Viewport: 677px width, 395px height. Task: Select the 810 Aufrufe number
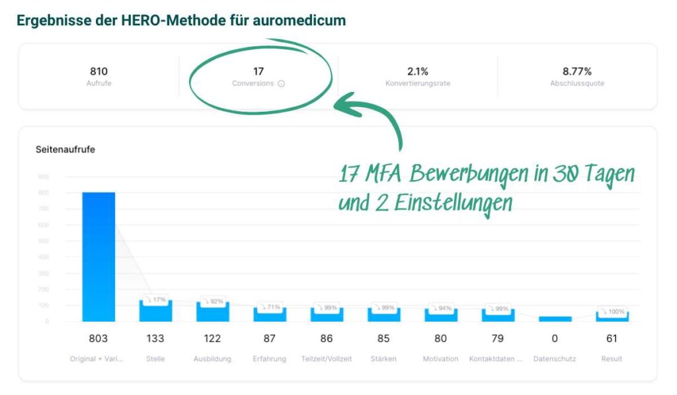coord(99,71)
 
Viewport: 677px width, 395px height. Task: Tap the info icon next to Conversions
coord(281,84)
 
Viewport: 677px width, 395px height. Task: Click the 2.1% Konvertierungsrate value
coord(417,71)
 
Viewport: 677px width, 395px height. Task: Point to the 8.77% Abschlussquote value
coord(577,71)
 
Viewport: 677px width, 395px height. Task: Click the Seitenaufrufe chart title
coord(65,150)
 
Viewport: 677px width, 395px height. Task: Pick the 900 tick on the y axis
coord(43,177)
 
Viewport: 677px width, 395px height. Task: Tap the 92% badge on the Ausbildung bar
coord(212,301)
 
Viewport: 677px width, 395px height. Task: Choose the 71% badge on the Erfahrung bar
coord(269,307)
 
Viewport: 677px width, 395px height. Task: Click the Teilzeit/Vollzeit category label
coord(326,359)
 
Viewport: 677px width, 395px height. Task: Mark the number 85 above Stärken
coord(383,339)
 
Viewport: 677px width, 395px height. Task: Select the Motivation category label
coord(440,359)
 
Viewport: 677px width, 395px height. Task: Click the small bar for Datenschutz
coord(554,319)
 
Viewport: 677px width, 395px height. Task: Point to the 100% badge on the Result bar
coord(612,311)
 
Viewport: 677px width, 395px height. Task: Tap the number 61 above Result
coord(612,339)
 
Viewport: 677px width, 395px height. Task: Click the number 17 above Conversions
coord(259,71)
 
